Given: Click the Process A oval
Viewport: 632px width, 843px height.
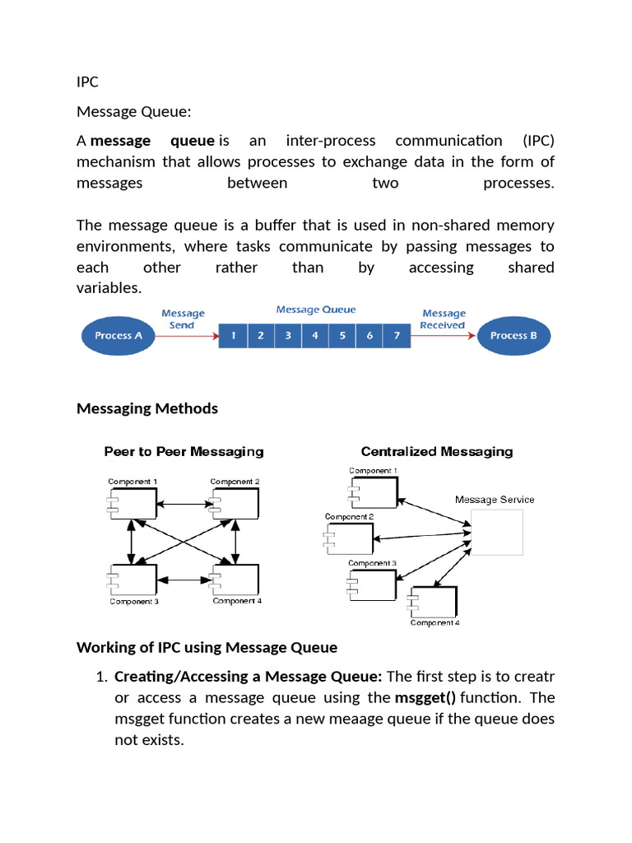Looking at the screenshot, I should pyautogui.click(x=119, y=335).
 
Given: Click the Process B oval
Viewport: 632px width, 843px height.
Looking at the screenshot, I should pyautogui.click(x=514, y=335).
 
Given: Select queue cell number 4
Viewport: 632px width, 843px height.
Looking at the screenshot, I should pyautogui.click(x=315, y=336).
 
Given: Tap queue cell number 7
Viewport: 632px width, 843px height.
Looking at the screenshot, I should pyautogui.click(x=397, y=336).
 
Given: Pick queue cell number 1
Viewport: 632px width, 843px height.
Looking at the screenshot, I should pyautogui.click(x=234, y=336).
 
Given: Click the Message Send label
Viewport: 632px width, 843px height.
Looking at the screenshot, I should pyautogui.click(x=183, y=319).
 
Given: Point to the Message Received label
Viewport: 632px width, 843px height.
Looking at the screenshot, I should pyautogui.click(x=443, y=319).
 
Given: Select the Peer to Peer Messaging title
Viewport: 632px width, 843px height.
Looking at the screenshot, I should pyautogui.click(x=184, y=451).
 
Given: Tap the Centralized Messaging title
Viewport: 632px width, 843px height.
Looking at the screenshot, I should pyautogui.click(x=437, y=451).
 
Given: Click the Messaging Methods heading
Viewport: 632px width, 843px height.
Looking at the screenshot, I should pyautogui.click(x=147, y=408).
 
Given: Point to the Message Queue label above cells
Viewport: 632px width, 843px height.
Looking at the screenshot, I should pyautogui.click(x=316, y=310).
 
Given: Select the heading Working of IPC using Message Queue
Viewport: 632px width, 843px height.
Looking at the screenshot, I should pyautogui.click(x=207, y=647).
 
